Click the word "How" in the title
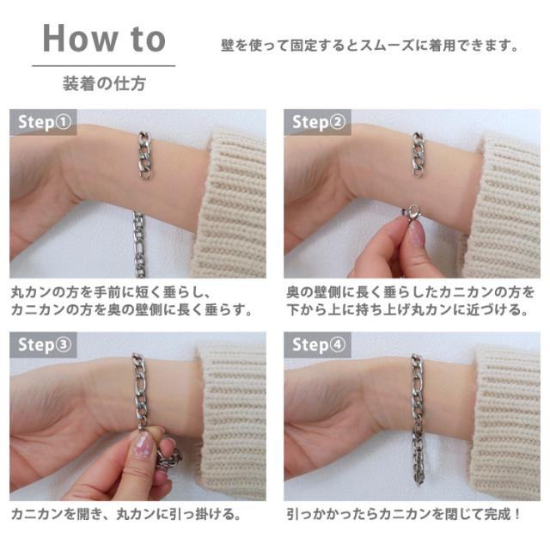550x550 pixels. [80, 39]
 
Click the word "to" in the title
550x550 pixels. [148, 40]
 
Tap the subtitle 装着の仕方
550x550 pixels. [104, 83]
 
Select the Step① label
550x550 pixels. [45, 122]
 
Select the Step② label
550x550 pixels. [319, 122]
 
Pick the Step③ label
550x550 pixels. [45, 345]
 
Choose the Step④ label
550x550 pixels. [319, 345]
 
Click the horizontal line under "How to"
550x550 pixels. [104, 65]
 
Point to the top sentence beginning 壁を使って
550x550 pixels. [370, 46]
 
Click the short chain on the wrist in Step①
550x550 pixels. [144, 155]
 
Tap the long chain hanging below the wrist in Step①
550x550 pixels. [139, 244]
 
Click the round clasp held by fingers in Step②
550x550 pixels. [412, 212]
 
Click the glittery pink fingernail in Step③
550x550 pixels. [143, 445]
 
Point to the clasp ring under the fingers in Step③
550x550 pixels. [169, 459]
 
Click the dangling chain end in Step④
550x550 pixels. [419, 463]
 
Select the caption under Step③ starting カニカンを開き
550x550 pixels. [126, 514]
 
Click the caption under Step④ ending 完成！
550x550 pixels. [404, 514]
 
